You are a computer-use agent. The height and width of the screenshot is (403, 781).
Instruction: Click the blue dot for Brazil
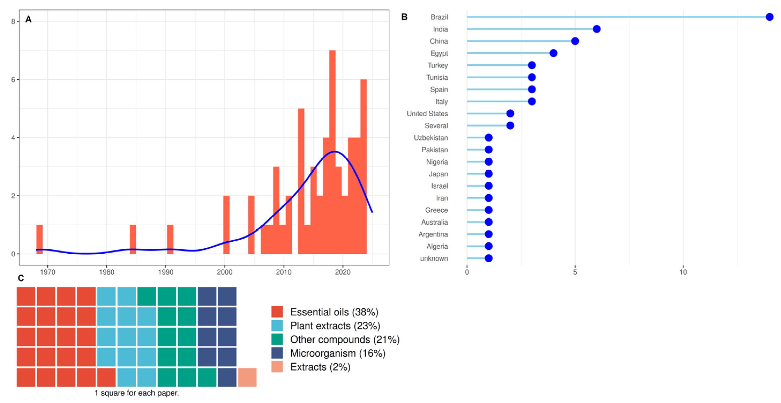[x=769, y=17]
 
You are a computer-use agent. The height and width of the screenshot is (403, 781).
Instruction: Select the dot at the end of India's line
[x=596, y=29]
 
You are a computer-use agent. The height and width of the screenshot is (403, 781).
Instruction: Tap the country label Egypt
[x=439, y=53]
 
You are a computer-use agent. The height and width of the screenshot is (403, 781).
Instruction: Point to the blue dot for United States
[x=510, y=113]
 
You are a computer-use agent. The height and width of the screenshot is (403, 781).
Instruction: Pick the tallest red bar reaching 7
[x=332, y=152]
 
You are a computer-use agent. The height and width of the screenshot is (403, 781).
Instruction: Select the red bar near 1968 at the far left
[x=39, y=239]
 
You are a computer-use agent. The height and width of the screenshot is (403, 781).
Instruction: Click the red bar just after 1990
[x=170, y=239]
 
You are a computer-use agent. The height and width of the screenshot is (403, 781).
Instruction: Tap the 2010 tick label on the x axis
[x=283, y=272]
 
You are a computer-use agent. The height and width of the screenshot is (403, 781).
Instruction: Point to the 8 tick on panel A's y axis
[x=13, y=21]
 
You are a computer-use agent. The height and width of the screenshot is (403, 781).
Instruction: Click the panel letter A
[x=28, y=19]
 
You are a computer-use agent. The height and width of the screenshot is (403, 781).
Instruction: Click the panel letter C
[x=21, y=278]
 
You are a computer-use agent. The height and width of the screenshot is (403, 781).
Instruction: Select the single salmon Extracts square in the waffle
[x=247, y=377]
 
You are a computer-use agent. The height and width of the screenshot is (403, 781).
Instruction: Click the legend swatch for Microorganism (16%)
[x=277, y=353]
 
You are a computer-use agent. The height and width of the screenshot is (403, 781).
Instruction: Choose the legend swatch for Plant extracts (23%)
[x=277, y=326]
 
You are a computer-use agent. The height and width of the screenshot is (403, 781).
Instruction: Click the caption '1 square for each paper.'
[x=137, y=393]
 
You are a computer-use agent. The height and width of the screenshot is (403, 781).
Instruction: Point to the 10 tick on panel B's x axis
[x=683, y=272]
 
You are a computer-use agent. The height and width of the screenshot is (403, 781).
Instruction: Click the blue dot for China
[x=575, y=41]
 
